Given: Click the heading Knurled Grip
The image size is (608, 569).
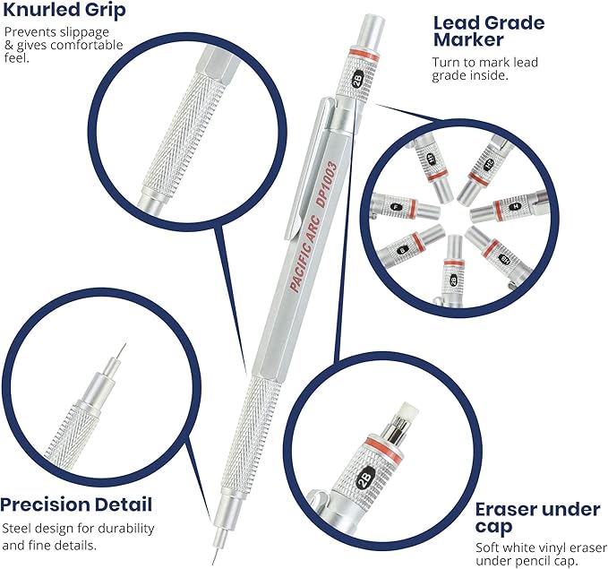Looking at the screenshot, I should point(64,12).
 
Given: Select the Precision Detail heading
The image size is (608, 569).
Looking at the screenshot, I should point(76,504).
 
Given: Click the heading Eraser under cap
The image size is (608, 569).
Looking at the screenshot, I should point(535,518).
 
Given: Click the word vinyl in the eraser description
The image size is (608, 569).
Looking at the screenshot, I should point(555,548).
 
